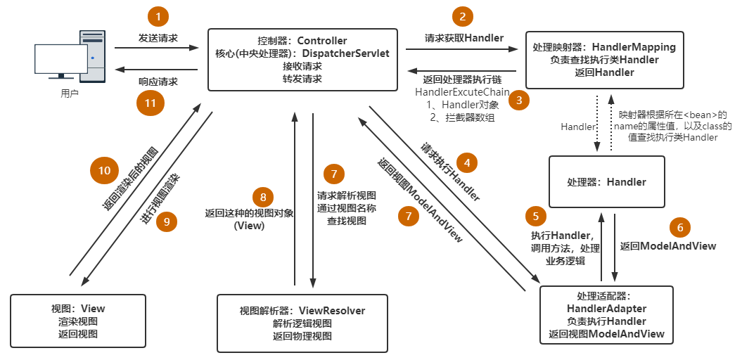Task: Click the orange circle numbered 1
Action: pyautogui.click(x=160, y=16)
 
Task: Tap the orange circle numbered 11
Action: pyautogui.click(x=150, y=103)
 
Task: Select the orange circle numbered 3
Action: pyautogui.click(x=519, y=100)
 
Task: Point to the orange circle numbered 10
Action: pyautogui.click(x=104, y=171)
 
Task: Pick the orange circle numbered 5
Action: pyautogui.click(x=535, y=216)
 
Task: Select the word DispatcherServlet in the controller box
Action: pyautogui.click(x=346, y=53)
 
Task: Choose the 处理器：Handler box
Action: pyautogui.click(x=606, y=181)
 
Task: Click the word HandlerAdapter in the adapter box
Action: pyautogui.click(x=606, y=309)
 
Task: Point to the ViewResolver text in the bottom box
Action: pyautogui.click(x=332, y=310)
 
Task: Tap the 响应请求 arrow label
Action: pyautogui.click(x=158, y=82)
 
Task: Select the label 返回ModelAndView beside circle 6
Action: pyautogui.click(x=668, y=246)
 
